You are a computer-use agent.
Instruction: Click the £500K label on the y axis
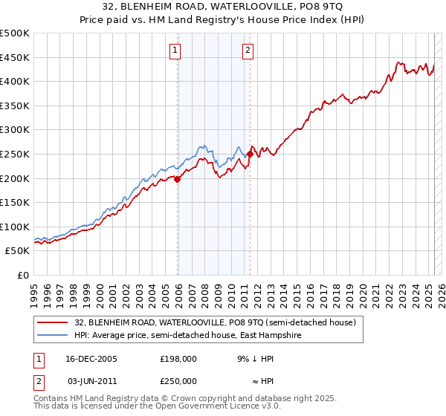(x=15, y=33)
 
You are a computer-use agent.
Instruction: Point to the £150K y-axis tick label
(x=15, y=202)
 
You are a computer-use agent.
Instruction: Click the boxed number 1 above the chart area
(x=175, y=51)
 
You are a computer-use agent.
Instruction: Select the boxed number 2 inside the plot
(x=247, y=51)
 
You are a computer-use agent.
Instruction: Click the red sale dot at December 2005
(x=178, y=178)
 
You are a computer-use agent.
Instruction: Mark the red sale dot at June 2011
(x=250, y=154)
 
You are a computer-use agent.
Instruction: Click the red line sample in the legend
(x=52, y=322)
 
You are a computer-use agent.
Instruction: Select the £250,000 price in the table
(x=178, y=380)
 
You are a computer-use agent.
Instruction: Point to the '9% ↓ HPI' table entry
(x=253, y=358)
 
